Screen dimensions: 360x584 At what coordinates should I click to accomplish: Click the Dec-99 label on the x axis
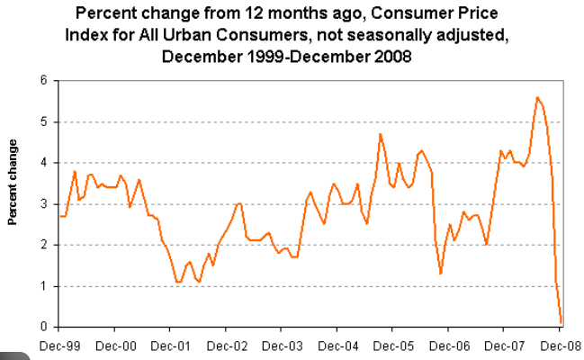tap(59, 345)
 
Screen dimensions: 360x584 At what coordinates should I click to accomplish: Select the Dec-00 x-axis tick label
tap(115, 345)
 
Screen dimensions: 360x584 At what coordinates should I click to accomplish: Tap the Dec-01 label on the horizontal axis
tap(171, 345)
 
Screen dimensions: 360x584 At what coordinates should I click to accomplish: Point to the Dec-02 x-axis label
tap(227, 345)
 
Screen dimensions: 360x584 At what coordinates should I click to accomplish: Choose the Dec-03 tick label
tap(283, 345)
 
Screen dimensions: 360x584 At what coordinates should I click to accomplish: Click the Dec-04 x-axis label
tap(338, 345)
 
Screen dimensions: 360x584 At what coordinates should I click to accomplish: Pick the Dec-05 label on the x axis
tap(393, 345)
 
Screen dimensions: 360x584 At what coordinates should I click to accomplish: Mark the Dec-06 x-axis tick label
tap(449, 345)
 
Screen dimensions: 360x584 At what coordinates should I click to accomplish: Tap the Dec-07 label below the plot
tap(505, 345)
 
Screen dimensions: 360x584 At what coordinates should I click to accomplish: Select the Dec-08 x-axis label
tap(560, 345)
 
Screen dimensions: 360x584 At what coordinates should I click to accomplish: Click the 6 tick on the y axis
tap(43, 80)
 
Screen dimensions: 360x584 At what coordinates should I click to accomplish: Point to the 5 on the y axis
tap(43, 121)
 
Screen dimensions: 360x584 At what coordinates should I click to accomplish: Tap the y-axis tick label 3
tap(43, 203)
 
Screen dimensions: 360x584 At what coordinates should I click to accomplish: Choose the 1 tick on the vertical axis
tap(43, 286)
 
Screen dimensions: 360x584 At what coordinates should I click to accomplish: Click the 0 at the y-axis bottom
tap(43, 327)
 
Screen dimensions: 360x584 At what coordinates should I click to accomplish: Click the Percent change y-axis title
tap(13, 183)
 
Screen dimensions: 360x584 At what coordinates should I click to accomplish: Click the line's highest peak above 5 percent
tap(537, 97)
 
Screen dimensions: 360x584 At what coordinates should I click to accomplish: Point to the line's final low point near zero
tap(562, 322)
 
